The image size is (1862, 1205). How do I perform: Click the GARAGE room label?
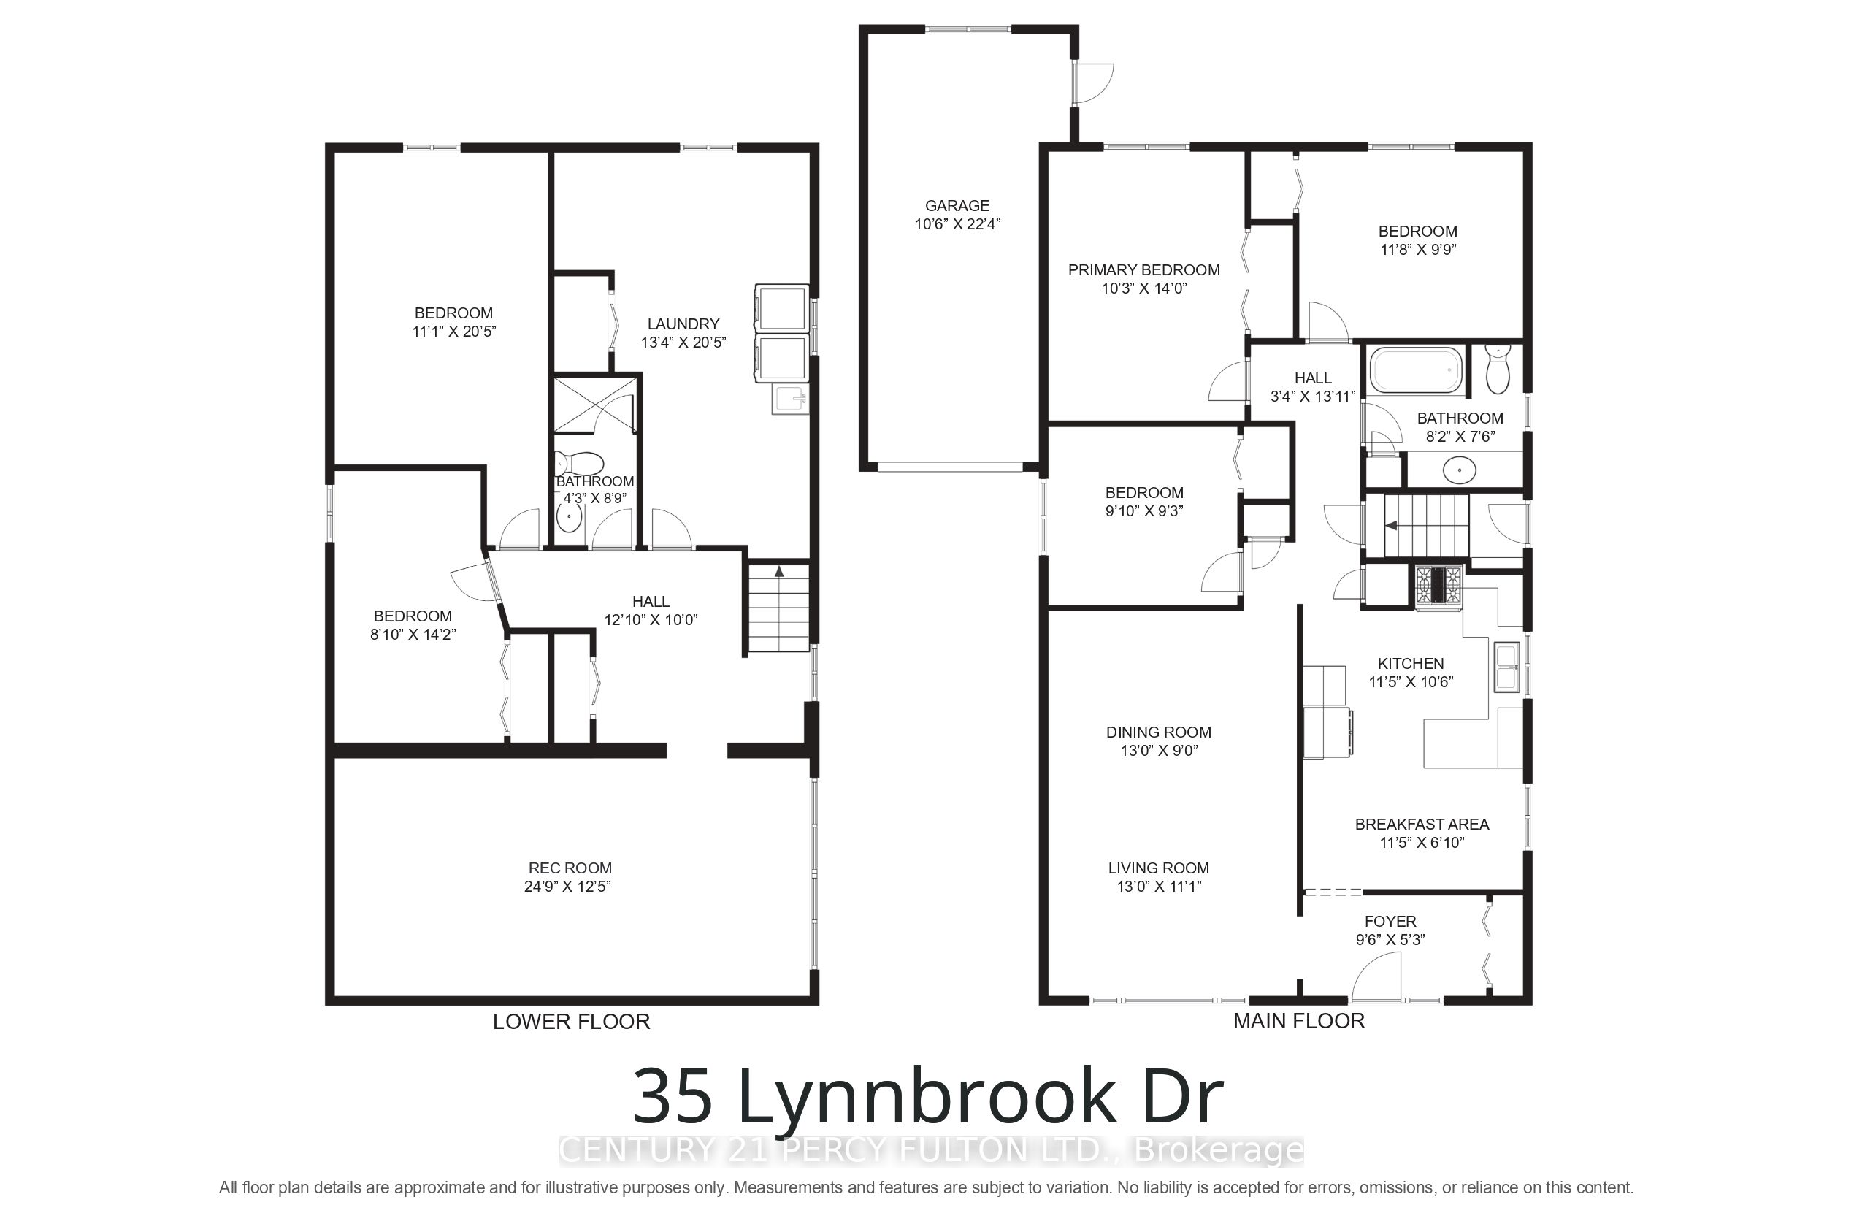(957, 206)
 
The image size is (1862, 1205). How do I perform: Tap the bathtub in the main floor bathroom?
(1415, 370)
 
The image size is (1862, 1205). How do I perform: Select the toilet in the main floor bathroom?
(1497, 370)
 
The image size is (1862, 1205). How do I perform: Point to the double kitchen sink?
(1507, 667)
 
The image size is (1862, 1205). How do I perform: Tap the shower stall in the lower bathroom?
(594, 404)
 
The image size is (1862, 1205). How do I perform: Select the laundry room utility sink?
(790, 399)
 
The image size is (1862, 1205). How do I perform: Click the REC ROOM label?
(570, 868)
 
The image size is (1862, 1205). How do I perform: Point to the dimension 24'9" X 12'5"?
(567, 887)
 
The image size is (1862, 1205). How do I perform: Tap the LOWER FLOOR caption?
(571, 1021)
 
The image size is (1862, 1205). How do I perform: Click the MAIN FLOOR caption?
(1299, 1020)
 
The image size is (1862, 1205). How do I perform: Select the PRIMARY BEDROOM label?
(1143, 270)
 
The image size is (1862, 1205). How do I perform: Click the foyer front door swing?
(1376, 978)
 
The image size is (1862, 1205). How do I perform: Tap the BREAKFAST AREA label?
(1422, 824)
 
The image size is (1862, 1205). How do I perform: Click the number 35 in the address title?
(672, 1095)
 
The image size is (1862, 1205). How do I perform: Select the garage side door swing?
(1094, 84)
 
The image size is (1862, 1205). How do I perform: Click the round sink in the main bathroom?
(1460, 470)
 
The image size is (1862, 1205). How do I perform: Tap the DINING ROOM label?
(1159, 732)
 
